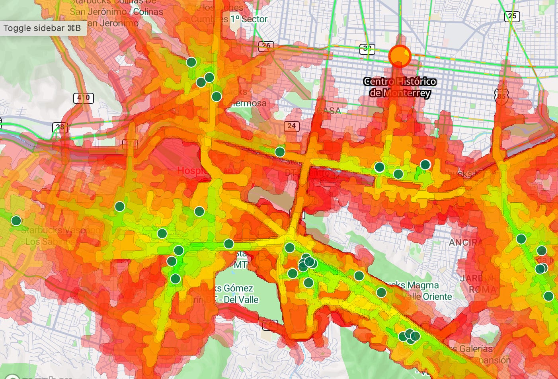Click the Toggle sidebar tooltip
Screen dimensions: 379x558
click(42, 28)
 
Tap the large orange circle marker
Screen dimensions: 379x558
click(400, 56)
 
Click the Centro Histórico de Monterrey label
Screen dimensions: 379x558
click(400, 87)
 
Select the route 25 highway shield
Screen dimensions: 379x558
click(512, 16)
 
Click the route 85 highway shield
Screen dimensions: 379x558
click(501, 96)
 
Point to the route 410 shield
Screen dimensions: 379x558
click(83, 98)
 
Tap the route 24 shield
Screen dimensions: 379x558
click(292, 126)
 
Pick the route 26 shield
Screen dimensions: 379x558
click(266, 46)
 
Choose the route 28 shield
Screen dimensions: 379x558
click(60, 127)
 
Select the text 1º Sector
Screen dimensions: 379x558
click(249, 19)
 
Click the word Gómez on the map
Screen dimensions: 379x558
click(238, 288)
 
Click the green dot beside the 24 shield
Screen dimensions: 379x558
click(280, 152)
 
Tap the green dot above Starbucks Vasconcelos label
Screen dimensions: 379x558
click(16, 221)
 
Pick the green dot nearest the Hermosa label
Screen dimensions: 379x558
click(217, 96)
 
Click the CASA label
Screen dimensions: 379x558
click(329, 110)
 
